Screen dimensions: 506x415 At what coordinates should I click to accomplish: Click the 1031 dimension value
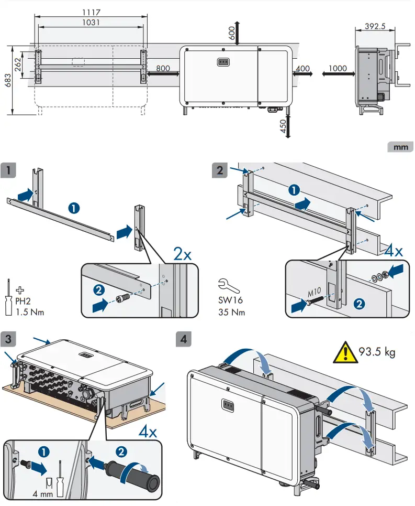[91, 23]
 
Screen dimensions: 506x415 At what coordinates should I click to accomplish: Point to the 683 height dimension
[7, 80]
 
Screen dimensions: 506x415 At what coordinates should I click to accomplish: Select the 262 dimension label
[18, 66]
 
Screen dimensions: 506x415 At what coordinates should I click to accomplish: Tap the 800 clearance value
[163, 68]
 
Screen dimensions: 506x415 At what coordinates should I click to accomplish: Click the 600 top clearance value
[232, 33]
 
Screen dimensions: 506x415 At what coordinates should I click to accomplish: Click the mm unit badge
[400, 147]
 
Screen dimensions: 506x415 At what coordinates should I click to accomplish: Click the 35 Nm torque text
[231, 313]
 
